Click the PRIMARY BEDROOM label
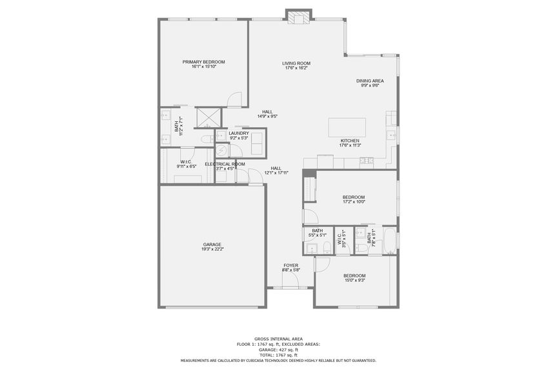click(203, 62)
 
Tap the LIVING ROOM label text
click(296, 63)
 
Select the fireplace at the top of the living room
click(298, 17)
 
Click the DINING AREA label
click(370, 81)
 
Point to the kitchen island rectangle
click(347, 126)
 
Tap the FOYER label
click(291, 265)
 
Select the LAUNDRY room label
click(239, 133)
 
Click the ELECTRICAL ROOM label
click(225, 164)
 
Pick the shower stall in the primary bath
click(209, 117)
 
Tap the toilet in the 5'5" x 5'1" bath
click(327, 248)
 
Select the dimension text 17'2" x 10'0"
click(354, 202)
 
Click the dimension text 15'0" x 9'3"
click(354, 280)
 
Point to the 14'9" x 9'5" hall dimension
click(267, 117)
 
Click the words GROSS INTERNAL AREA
click(278, 339)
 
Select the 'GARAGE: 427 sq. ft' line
click(278, 350)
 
